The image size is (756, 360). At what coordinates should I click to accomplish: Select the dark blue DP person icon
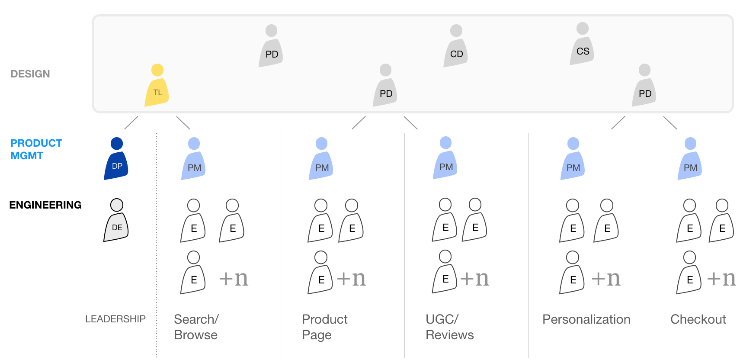coord(116,160)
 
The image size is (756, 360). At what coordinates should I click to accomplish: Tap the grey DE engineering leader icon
coord(116,221)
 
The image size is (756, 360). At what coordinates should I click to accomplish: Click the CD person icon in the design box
coord(456,48)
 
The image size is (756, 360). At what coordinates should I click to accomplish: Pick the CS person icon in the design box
coord(582,45)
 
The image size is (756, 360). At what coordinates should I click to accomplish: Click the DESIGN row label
coord(30,74)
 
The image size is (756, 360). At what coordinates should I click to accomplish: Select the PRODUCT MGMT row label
coord(36,149)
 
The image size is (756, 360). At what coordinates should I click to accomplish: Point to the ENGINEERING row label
coord(45,205)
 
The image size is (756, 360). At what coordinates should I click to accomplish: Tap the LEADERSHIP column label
coord(115,319)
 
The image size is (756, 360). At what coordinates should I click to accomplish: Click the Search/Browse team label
coord(196,327)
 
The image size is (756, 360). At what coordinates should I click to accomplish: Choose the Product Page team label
coord(324,327)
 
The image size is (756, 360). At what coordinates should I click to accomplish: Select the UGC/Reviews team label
coord(449,327)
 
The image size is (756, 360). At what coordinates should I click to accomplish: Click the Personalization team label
coord(586,319)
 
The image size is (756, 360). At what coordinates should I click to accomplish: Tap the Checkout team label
coord(698,319)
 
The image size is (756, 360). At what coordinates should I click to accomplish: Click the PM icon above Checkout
coord(690,160)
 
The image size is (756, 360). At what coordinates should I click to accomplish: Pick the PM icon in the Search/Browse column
coord(194,160)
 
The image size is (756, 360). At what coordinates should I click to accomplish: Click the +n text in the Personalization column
coord(605,278)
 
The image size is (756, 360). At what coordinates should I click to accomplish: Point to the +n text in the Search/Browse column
coord(234,278)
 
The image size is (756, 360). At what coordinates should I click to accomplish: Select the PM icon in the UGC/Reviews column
coord(445,159)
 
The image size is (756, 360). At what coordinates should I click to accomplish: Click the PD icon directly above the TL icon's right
coord(271,48)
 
